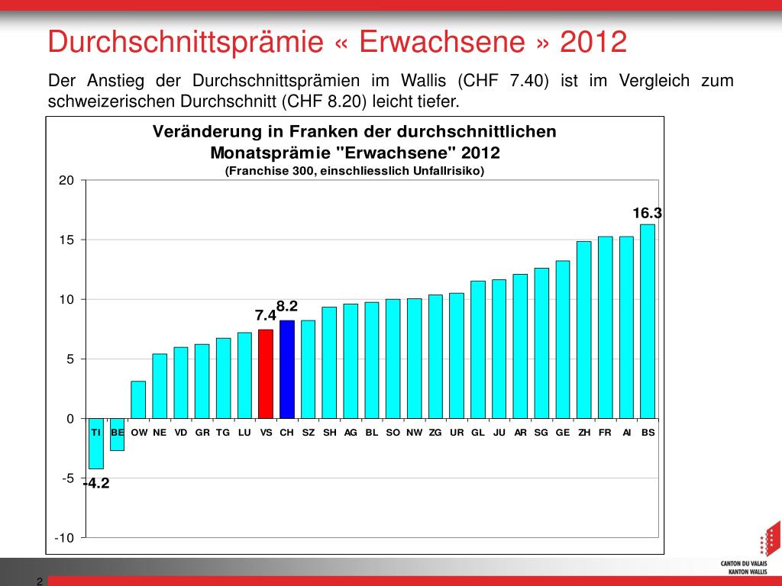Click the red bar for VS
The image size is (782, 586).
pyautogui.click(x=266, y=374)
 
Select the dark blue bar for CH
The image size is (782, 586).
pyautogui.click(x=287, y=369)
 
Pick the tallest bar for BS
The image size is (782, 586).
pyautogui.click(x=647, y=320)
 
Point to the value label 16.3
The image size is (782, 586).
pyautogui.click(x=646, y=214)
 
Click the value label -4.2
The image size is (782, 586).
pyautogui.click(x=96, y=483)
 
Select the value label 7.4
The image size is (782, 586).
pyautogui.click(x=265, y=315)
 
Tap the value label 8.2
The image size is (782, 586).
pyautogui.click(x=287, y=306)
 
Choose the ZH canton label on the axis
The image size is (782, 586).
pyautogui.click(x=584, y=433)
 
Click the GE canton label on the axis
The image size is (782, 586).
pyautogui.click(x=563, y=433)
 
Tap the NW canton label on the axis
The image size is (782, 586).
pyautogui.click(x=414, y=433)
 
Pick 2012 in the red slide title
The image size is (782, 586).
pyautogui.click(x=593, y=42)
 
